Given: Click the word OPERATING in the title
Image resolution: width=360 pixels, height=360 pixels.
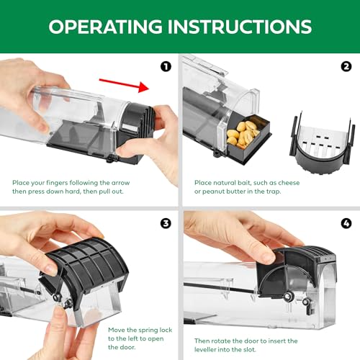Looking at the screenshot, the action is click(x=105, y=26).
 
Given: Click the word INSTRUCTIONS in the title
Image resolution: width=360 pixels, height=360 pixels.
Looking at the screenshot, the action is click(x=240, y=26).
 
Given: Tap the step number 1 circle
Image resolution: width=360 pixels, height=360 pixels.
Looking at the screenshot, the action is click(x=166, y=67).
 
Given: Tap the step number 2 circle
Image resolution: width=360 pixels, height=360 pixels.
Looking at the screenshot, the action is click(x=346, y=67).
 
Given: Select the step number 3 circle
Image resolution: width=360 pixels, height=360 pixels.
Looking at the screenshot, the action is click(x=166, y=223).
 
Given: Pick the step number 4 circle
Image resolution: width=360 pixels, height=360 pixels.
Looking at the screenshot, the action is click(x=346, y=223).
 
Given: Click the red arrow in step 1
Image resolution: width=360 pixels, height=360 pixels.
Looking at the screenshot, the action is click(x=125, y=85).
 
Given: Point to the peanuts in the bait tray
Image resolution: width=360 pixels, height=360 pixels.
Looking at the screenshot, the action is click(x=243, y=134).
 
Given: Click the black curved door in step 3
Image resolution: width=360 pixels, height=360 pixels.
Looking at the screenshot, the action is click(x=88, y=266).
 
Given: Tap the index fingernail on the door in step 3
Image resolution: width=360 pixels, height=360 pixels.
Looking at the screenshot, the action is click(x=51, y=269).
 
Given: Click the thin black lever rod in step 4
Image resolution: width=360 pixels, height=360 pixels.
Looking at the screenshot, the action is click(x=221, y=288).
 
